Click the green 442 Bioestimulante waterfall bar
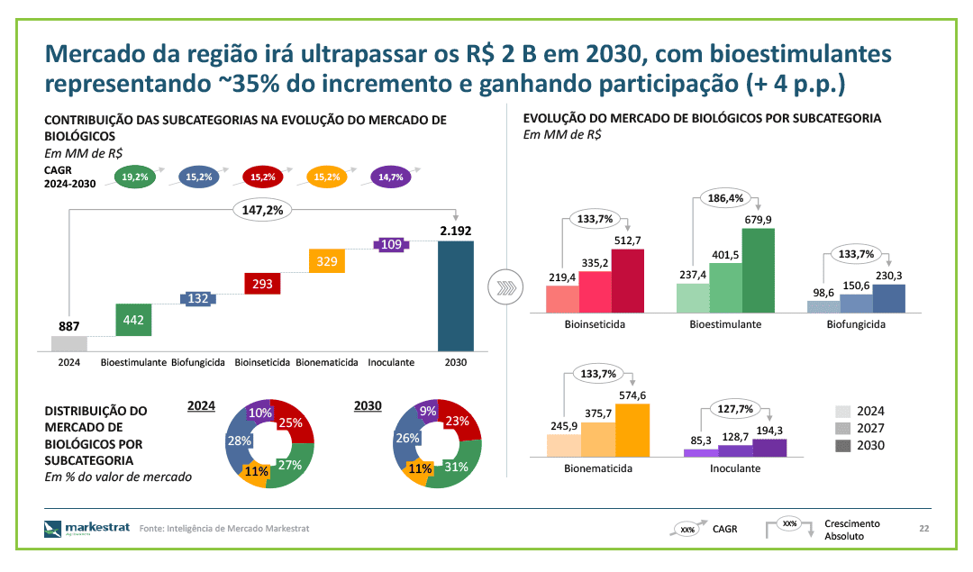coord(133,320)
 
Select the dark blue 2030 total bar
coord(456,296)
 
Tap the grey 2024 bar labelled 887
coord(68,344)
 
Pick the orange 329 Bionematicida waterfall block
coord(327,261)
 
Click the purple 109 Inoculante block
coord(391,244)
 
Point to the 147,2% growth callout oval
coord(262,210)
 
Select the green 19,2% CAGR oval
coord(134,177)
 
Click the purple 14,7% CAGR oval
coord(391,177)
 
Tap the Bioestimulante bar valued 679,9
coord(759,270)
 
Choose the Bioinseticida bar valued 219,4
coord(562,299)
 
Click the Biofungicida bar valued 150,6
coord(857,304)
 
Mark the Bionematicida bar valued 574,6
coord(632,431)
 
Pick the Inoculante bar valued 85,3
coord(701,453)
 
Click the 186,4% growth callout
coord(725,198)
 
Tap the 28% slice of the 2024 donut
coord(237,441)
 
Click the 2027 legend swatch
coord(842,428)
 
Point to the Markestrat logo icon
coord(53,529)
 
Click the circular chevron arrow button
coord(505,287)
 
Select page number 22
coord(924,529)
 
